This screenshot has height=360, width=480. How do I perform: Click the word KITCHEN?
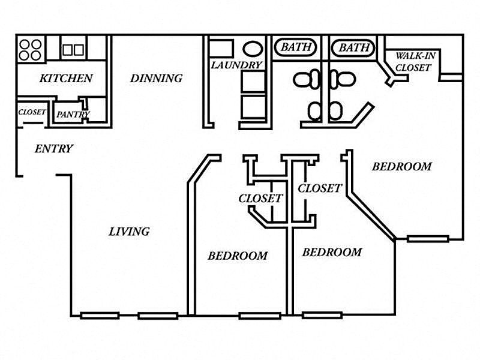pyautogui.click(x=66, y=79)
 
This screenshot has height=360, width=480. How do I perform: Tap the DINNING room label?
pyautogui.click(x=157, y=79)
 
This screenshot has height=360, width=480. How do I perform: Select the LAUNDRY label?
pyautogui.click(x=236, y=65)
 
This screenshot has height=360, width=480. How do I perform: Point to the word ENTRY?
pyautogui.click(x=54, y=149)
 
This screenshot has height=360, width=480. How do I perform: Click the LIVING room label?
pyautogui.click(x=129, y=232)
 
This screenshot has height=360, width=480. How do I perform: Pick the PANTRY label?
pyautogui.click(x=73, y=115)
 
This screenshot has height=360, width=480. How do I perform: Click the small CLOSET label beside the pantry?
pyautogui.click(x=32, y=112)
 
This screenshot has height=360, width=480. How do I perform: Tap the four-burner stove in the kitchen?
pyautogui.click(x=31, y=50)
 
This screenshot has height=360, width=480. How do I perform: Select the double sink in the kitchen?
pyautogui.click(x=73, y=50)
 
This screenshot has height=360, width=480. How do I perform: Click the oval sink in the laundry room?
pyautogui.click(x=253, y=49)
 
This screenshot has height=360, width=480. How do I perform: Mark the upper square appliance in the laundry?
pyautogui.click(x=253, y=82)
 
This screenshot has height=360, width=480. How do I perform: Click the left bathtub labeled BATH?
pyautogui.click(x=295, y=47)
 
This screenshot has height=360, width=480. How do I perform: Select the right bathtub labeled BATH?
pyautogui.click(x=353, y=48)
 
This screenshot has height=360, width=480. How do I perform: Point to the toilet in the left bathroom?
pyautogui.click(x=307, y=79)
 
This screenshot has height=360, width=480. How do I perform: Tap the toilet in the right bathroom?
pyautogui.click(x=343, y=79)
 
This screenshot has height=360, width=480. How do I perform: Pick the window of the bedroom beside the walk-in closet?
pyautogui.click(x=428, y=239)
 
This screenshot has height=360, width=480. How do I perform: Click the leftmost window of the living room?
pyautogui.click(x=100, y=316)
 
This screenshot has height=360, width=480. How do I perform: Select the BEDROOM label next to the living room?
pyautogui.click(x=238, y=256)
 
